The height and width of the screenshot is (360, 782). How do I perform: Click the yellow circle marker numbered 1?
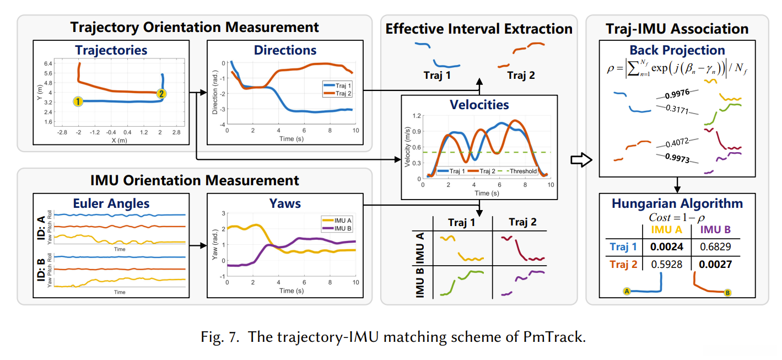pos(78,101)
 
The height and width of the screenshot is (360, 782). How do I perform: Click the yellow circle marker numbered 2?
pos(161,93)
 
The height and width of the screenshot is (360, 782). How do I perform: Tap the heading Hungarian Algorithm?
pos(677,203)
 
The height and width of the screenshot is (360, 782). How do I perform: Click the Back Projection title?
pos(677,50)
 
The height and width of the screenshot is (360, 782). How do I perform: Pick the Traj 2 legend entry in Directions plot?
pos(341,94)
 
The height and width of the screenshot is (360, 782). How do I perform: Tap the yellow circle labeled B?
pos(727,293)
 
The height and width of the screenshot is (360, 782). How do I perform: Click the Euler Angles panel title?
pos(111,203)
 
